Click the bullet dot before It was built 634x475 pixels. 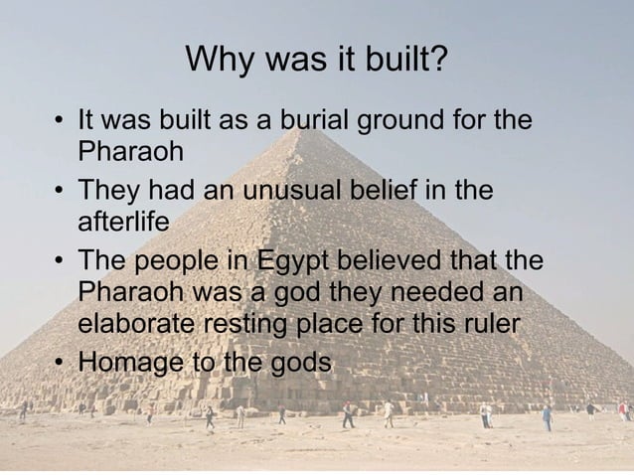click(61, 123)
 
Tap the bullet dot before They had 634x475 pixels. click(61, 190)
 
